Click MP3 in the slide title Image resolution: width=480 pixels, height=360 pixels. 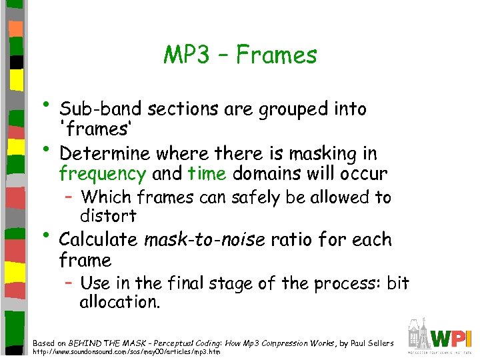[187, 55]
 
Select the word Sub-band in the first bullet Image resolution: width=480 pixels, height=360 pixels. [101, 109]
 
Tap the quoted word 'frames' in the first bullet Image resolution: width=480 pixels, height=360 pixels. [86, 128]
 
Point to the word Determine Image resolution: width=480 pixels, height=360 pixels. [105, 154]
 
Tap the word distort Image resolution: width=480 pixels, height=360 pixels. [108, 216]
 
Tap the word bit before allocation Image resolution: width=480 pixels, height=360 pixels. [397, 283]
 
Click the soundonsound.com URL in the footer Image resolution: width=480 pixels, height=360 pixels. [127, 352]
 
